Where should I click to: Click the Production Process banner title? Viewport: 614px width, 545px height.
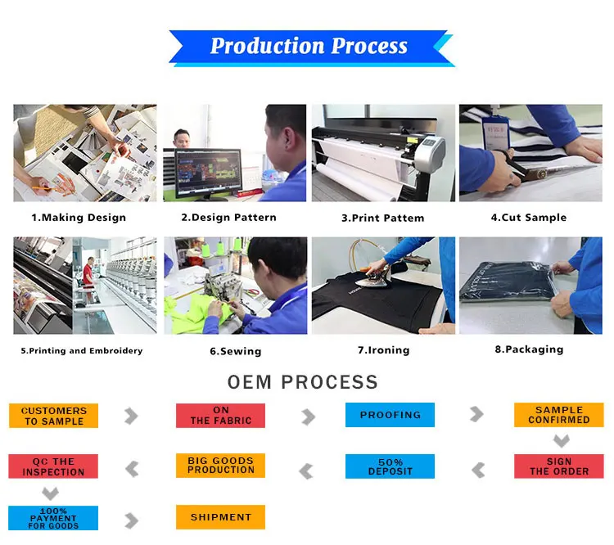pyautogui.click(x=309, y=46)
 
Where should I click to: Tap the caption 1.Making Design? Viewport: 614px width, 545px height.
pyautogui.click(x=79, y=218)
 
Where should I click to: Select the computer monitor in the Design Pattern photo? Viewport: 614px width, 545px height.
pyautogui.click(x=208, y=173)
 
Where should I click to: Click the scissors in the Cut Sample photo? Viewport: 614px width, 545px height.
pyautogui.click(x=524, y=166)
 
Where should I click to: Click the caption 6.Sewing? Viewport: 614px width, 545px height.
pyautogui.click(x=236, y=351)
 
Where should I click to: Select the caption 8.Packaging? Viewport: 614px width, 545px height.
pyautogui.click(x=529, y=349)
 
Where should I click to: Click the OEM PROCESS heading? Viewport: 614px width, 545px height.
pyautogui.click(x=303, y=382)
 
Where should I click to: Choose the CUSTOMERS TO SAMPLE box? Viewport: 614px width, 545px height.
pyautogui.click(x=54, y=416)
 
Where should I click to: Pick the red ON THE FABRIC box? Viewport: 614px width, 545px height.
pyautogui.click(x=220, y=416)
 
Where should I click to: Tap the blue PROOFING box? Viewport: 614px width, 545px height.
pyautogui.click(x=390, y=415)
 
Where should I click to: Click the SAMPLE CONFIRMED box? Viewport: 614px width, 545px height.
pyautogui.click(x=559, y=415)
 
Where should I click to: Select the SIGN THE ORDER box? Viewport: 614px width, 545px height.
pyautogui.click(x=559, y=466)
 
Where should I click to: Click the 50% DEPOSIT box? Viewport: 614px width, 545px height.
pyautogui.click(x=390, y=466)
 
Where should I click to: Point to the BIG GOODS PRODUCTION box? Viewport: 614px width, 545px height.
pyautogui.click(x=220, y=466)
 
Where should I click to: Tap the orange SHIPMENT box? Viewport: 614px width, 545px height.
pyautogui.click(x=220, y=517)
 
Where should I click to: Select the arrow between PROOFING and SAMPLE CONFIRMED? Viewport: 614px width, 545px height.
pyautogui.click(x=477, y=414)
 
